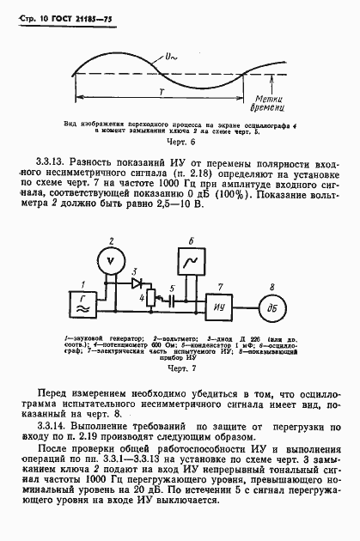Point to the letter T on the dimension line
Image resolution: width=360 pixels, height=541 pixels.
coord(160,93)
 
